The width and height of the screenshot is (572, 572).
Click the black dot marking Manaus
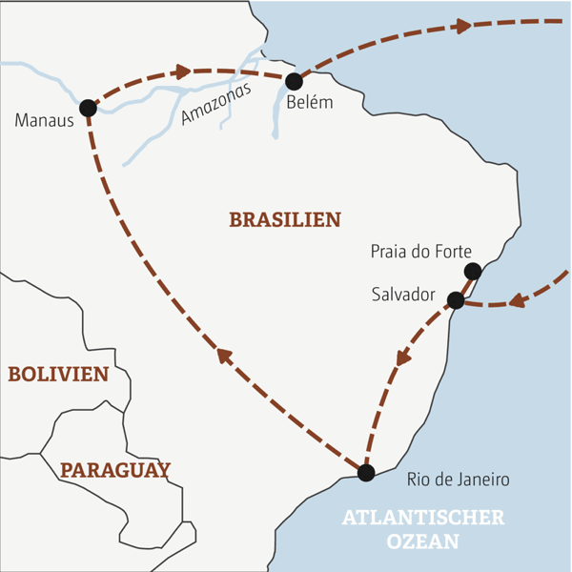pyautogui.click(x=88, y=108)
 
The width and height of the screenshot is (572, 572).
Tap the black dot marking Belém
pyautogui.click(x=294, y=81)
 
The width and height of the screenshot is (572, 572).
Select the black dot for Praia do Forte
pyautogui.click(x=472, y=272)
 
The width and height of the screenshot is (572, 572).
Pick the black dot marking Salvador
pyautogui.click(x=456, y=300)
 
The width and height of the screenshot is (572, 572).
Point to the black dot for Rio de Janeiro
pyautogui.click(x=365, y=471)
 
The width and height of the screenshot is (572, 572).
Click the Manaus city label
pyautogui.click(x=38, y=121)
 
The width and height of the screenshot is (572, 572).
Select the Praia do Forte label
pyautogui.click(x=419, y=253)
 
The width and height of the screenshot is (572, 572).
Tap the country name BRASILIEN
pyautogui.click(x=284, y=220)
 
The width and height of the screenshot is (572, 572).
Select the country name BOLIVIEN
pyautogui.click(x=58, y=375)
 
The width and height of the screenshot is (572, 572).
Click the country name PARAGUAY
pyautogui.click(x=114, y=470)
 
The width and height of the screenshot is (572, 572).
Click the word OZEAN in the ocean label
pyautogui.click(x=423, y=541)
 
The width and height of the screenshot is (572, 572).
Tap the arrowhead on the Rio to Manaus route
pyautogui.click(x=224, y=356)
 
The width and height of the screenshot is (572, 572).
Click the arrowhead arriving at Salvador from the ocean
pyautogui.click(x=519, y=301)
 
